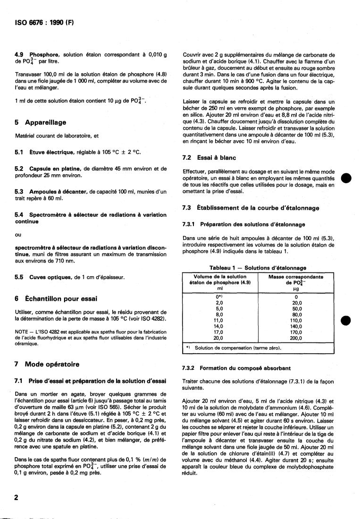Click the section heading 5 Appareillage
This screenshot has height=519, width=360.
(x=40, y=122)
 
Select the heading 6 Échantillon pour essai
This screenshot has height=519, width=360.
(x=56, y=298)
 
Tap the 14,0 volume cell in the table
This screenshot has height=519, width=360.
(x=218, y=326)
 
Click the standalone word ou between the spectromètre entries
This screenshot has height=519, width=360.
(x=18, y=235)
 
